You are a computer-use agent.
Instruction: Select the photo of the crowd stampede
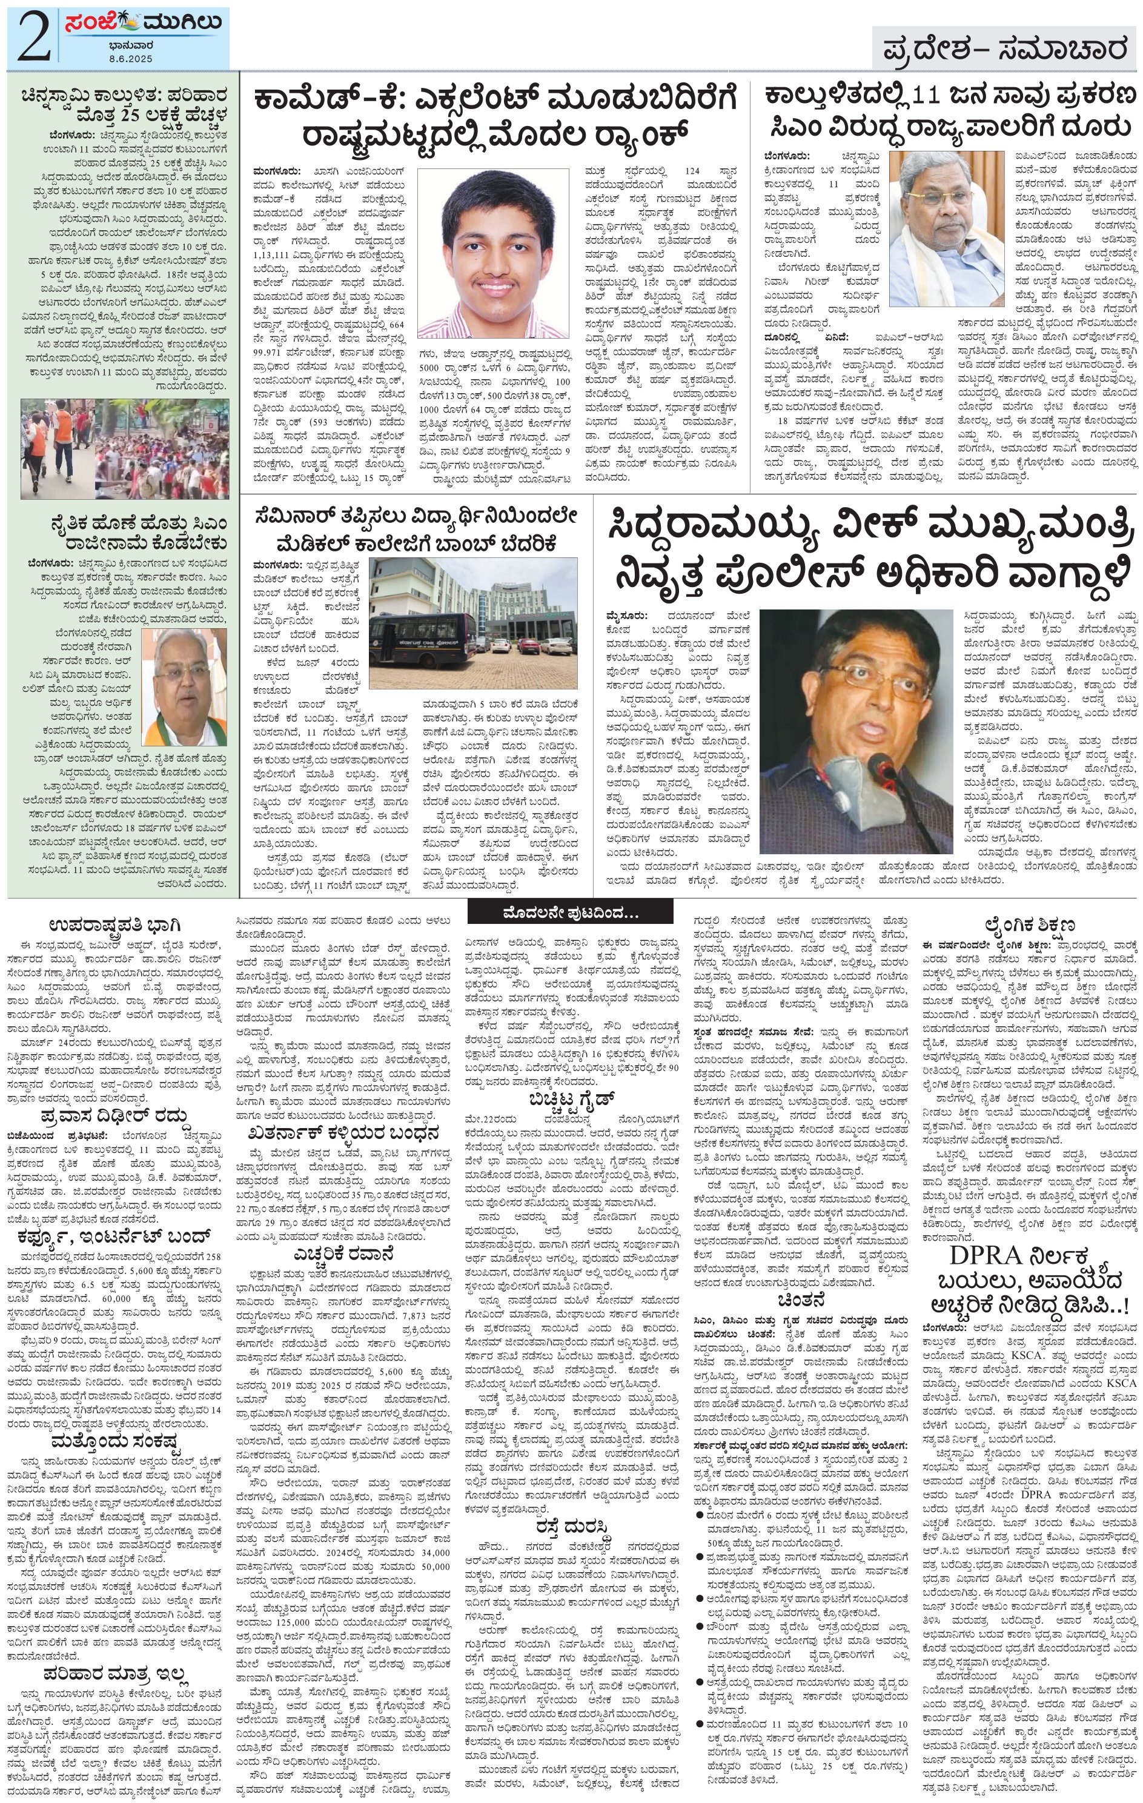tap(124, 448)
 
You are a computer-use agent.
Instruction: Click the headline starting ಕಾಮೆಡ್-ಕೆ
tap(494, 117)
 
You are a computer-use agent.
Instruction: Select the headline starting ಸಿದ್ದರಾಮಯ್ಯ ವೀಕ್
tap(866, 550)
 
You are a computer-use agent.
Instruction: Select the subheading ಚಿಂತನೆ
tap(801, 1298)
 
